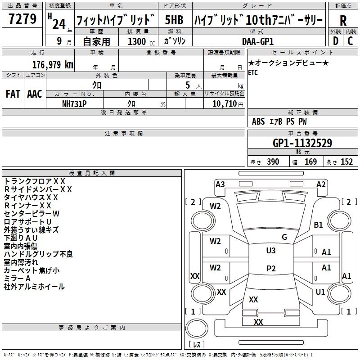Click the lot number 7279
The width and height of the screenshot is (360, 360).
pyautogui.click(x=22, y=18)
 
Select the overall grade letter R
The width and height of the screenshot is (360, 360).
pyautogui.click(x=343, y=21)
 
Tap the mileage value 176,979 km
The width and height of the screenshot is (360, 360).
pyautogui.click(x=53, y=65)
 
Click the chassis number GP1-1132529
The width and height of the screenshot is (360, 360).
pyautogui.click(x=302, y=143)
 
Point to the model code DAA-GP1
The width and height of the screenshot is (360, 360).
pyautogui.click(x=258, y=41)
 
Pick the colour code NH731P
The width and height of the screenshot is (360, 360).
pyautogui.click(x=74, y=104)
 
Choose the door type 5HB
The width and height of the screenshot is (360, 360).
pyautogui.click(x=174, y=20)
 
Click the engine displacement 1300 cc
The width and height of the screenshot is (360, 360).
pyautogui.click(x=141, y=41)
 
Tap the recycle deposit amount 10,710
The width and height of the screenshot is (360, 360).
pyautogui.click(x=225, y=103)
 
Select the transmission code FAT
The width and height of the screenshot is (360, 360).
pyautogui.click(x=13, y=94)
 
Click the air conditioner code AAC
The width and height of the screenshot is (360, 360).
pyautogui.click(x=35, y=94)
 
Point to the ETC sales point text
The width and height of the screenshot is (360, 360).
pyautogui.click(x=253, y=72)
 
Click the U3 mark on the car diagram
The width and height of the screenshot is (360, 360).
pyautogui.click(x=271, y=251)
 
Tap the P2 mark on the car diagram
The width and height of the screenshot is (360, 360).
pyautogui.click(x=271, y=268)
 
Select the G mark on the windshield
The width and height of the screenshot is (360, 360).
pyautogui.click(x=284, y=237)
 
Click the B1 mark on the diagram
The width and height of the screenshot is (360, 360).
pyautogui.click(x=318, y=225)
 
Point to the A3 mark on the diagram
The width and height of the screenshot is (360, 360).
pyautogui.click(x=220, y=184)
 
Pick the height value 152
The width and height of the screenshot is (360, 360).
pyautogui.click(x=346, y=162)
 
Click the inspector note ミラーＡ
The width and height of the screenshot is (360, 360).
pyautogui.click(x=17, y=279)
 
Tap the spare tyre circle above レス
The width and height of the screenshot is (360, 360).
pyautogui.click(x=197, y=328)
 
